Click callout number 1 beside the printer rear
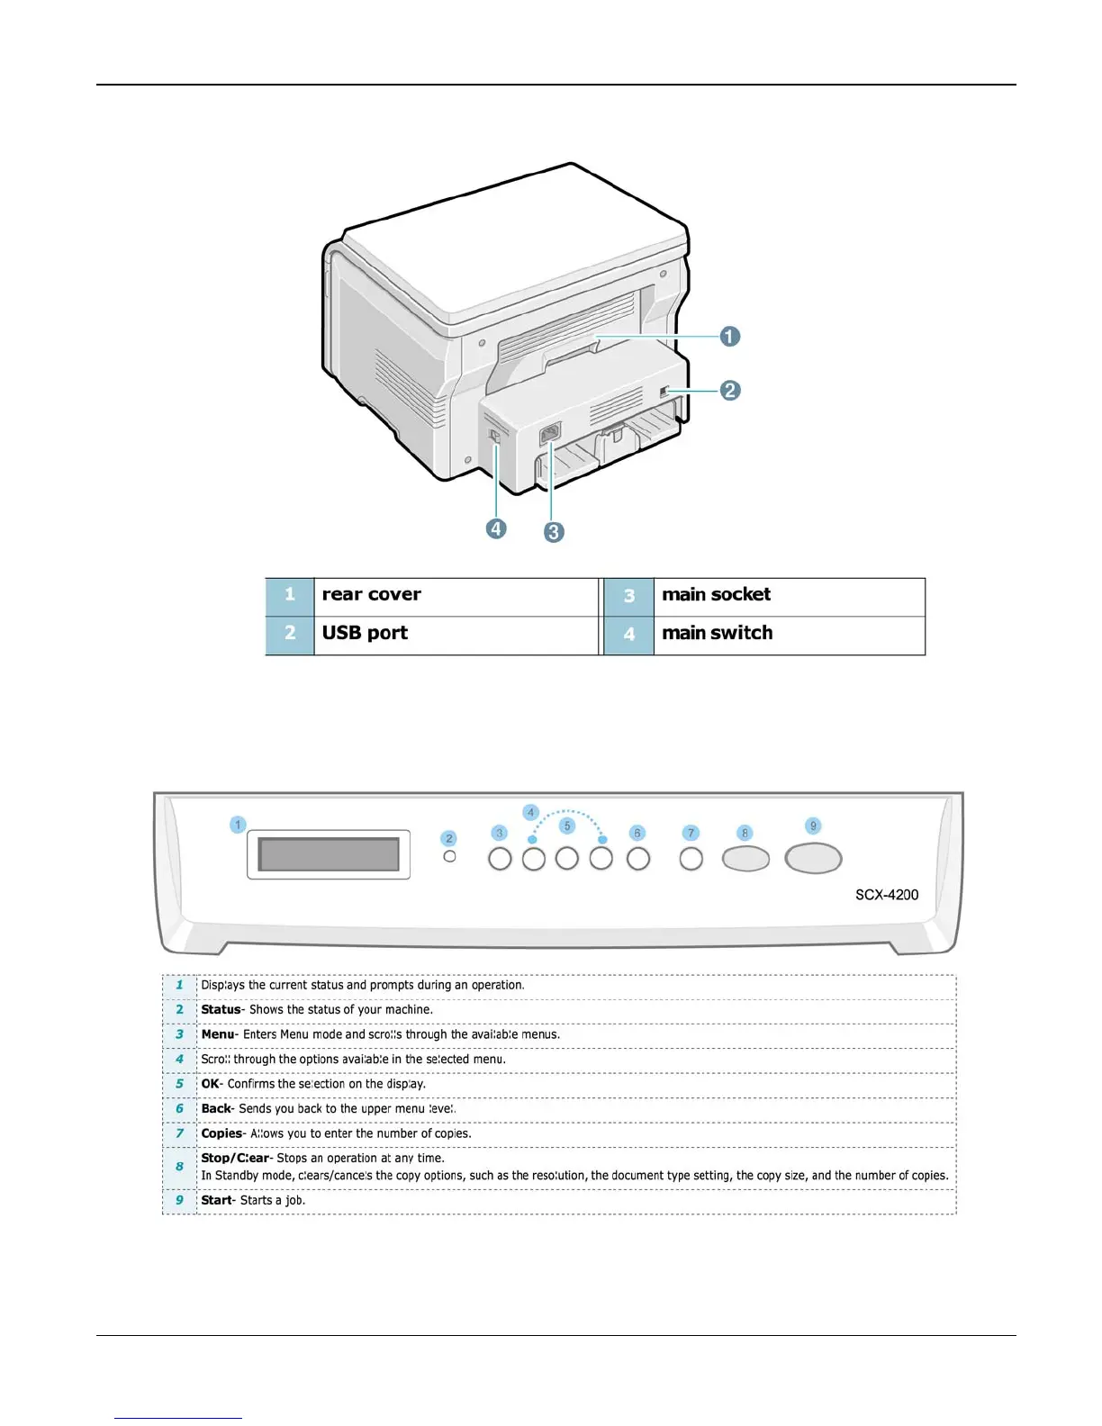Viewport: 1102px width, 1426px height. pos(729,337)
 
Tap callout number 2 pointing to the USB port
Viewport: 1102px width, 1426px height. pos(729,391)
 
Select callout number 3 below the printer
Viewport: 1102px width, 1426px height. pos(554,532)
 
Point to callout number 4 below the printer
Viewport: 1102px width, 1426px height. pos(496,528)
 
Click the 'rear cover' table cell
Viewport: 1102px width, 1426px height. pos(455,595)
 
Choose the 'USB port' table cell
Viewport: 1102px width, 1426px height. pos(455,634)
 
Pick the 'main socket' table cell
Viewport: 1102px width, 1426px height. pos(788,595)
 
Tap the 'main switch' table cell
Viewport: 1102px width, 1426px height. pos(788,634)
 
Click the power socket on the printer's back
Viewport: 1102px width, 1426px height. pos(549,434)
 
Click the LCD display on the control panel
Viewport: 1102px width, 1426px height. pos(329,854)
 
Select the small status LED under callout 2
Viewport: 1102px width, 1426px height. pos(450,856)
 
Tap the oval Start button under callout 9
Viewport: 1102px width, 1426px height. pos(813,858)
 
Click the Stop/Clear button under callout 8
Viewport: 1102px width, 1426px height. pos(745,859)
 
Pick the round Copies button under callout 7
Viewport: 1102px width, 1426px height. pos(691,859)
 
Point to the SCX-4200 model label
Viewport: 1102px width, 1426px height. pos(887,895)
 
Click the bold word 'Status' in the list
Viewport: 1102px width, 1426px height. pos(221,1010)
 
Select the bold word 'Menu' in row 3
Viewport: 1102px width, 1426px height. pos(217,1034)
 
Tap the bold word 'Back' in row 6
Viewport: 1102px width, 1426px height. pos(216,1108)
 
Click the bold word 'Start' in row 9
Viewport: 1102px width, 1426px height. pos(216,1200)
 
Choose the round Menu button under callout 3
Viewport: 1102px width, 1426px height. pos(500,859)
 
